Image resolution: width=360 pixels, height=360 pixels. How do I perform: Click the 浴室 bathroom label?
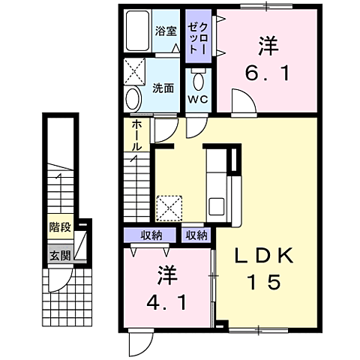pos(165,31)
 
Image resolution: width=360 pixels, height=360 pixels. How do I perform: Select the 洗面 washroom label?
pos(164,88)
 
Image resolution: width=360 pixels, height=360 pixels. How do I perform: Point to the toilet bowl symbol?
pos(198,81)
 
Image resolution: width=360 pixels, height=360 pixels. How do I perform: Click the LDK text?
pos(265,256)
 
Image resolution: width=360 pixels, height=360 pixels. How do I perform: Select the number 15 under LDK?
pos(265,283)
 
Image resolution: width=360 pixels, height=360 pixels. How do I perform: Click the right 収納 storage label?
pos(196,235)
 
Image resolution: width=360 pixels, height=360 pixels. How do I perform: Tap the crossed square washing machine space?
pos(137,73)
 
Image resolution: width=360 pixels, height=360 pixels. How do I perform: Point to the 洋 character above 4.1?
pos(166,276)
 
